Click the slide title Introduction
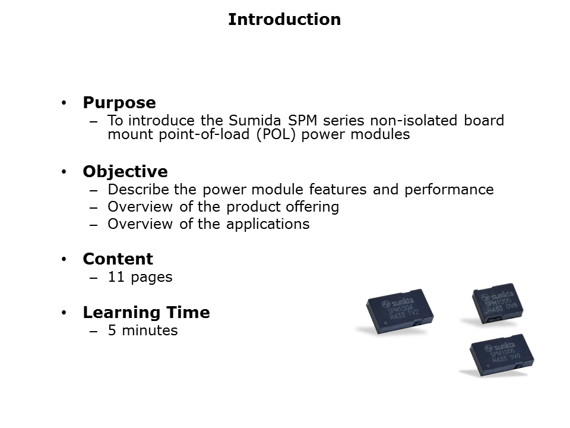tap(284, 20)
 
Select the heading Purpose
tap(119, 103)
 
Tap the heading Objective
tap(125, 172)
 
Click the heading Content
tap(118, 259)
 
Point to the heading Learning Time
tap(146, 313)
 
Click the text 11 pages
tap(140, 277)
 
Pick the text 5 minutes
tap(142, 331)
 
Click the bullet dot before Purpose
tap(64, 103)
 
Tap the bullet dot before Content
tap(64, 260)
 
